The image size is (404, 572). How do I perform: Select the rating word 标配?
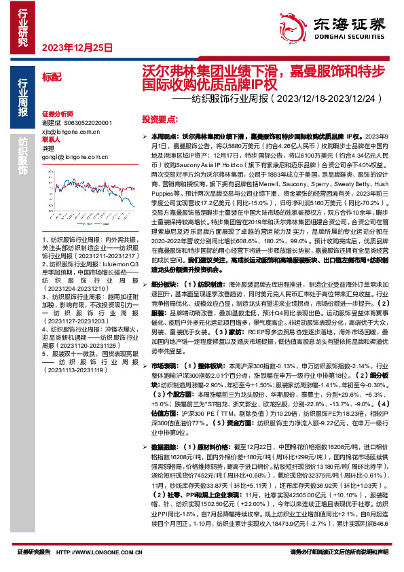[51, 77]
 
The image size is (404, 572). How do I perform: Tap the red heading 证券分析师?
[58, 114]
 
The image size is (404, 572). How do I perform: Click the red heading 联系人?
[52, 139]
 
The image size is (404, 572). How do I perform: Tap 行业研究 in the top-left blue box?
[22, 24]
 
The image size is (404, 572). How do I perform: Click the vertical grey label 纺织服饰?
[22, 160]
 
